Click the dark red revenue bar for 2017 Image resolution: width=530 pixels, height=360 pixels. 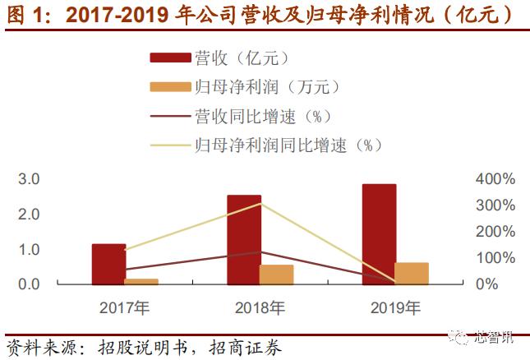[108, 264]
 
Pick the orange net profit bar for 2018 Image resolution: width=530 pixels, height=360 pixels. [276, 275]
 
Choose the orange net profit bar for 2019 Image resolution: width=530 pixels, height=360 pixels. [411, 274]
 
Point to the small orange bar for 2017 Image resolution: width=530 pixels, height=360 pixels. [141, 281]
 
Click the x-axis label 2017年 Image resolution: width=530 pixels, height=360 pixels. [124, 309]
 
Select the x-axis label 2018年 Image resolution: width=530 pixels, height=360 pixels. [260, 309]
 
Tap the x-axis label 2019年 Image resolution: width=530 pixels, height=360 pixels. [395, 309]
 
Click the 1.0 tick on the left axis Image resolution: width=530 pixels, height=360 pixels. [30, 249]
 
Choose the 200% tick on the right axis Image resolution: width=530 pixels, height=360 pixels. [495, 232]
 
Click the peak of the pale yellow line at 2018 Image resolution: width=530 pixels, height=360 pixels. [260, 203]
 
